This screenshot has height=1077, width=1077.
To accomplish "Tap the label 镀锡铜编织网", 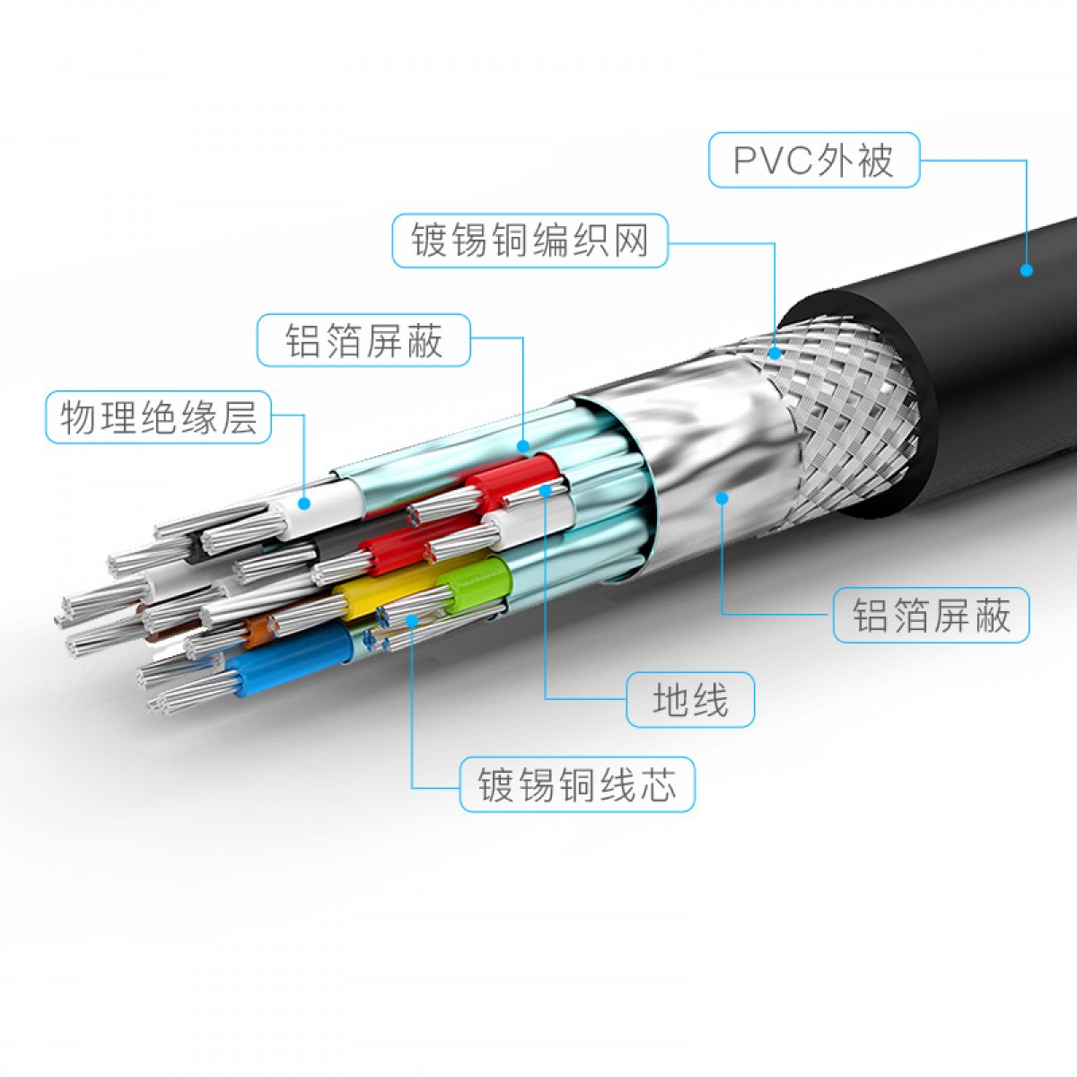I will coord(530,241).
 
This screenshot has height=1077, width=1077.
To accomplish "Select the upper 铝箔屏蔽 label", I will coord(363,340).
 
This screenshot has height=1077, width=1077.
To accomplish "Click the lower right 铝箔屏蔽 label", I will coord(931,616).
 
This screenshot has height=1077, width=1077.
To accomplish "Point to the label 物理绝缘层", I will coord(159,417).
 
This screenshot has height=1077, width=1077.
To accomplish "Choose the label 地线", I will coord(690,699).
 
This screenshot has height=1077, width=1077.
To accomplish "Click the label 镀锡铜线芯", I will coord(576,784).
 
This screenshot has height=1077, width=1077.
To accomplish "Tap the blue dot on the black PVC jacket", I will coord(1027,268).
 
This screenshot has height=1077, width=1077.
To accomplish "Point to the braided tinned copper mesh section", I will coord(844,395).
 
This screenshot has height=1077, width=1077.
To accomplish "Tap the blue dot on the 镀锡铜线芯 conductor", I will coord(412,619).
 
